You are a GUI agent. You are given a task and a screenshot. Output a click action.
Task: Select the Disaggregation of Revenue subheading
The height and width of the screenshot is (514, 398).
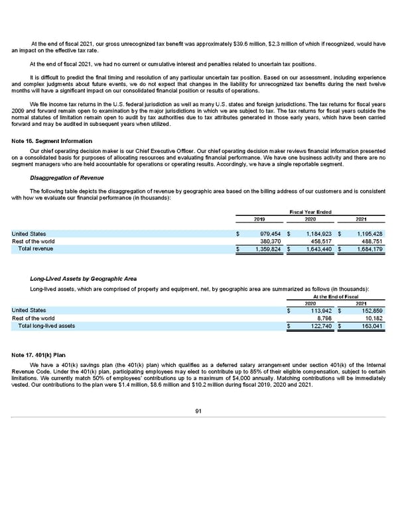pyautogui.click(x=64, y=178)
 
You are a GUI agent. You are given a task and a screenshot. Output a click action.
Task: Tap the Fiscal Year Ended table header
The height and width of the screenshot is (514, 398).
pyautogui.click(x=310, y=211)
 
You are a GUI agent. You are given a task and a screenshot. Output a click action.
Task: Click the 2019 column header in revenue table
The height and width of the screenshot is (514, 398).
pyautogui.click(x=260, y=219)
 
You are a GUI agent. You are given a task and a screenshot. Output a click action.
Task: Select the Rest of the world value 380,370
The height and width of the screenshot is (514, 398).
pyautogui.click(x=270, y=241)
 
